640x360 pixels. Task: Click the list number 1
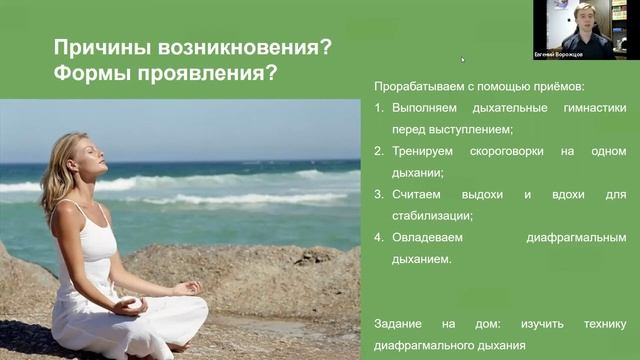(378, 108)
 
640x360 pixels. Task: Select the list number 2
(378, 151)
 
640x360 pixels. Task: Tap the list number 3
(378, 194)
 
